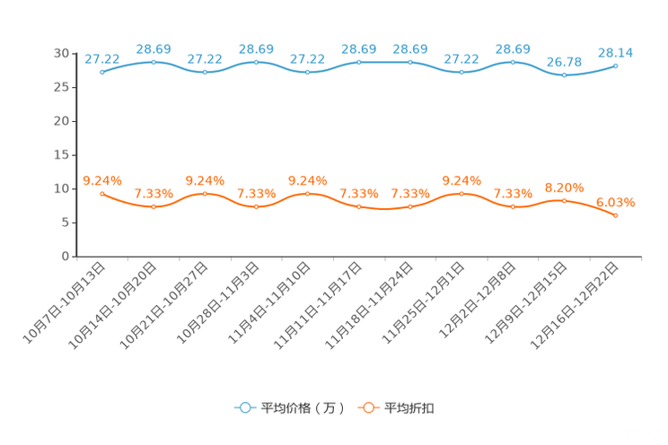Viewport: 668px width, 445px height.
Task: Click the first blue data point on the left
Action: pyautogui.click(x=102, y=72)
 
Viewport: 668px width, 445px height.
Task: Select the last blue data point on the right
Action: pyautogui.click(x=615, y=65)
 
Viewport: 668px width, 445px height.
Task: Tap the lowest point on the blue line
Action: pyautogui.click(x=564, y=75)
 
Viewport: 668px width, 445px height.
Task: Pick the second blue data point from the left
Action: pyautogui.click(x=154, y=62)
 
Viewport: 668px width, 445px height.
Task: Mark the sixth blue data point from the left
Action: pyautogui.click(x=359, y=62)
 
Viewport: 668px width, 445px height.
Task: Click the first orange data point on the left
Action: pyautogui.click(x=102, y=193)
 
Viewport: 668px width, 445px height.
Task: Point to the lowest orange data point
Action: pyautogui.click(x=615, y=215)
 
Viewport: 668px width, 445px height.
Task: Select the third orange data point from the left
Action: pyautogui.click(x=205, y=193)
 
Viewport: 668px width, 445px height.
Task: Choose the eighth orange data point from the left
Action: pyautogui.click(x=461, y=193)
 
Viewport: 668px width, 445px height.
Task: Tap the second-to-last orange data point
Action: pyautogui.click(x=564, y=200)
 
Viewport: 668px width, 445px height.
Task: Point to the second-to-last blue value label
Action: pyautogui.click(x=564, y=62)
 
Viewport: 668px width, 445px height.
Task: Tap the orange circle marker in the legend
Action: pyautogui.click(x=367, y=408)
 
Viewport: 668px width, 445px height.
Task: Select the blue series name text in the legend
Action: pyautogui.click(x=303, y=408)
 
